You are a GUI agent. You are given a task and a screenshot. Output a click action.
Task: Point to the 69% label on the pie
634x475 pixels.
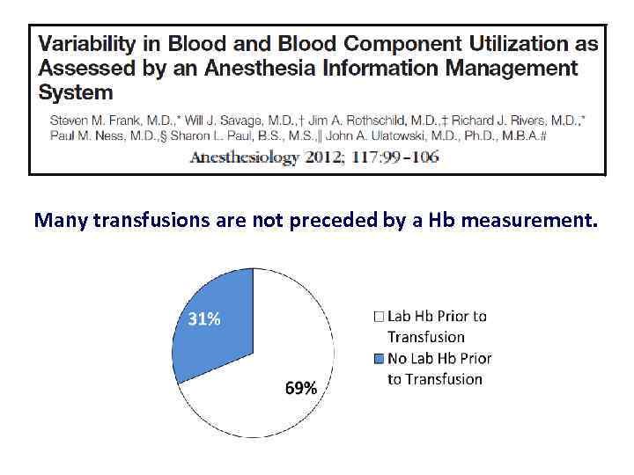coord(300,388)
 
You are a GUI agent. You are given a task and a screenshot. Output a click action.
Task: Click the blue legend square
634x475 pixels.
coord(380,359)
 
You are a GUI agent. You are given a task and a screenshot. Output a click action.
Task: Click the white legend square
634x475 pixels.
coord(380,317)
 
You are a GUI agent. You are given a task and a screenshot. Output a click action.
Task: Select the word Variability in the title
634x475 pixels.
coord(84,44)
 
